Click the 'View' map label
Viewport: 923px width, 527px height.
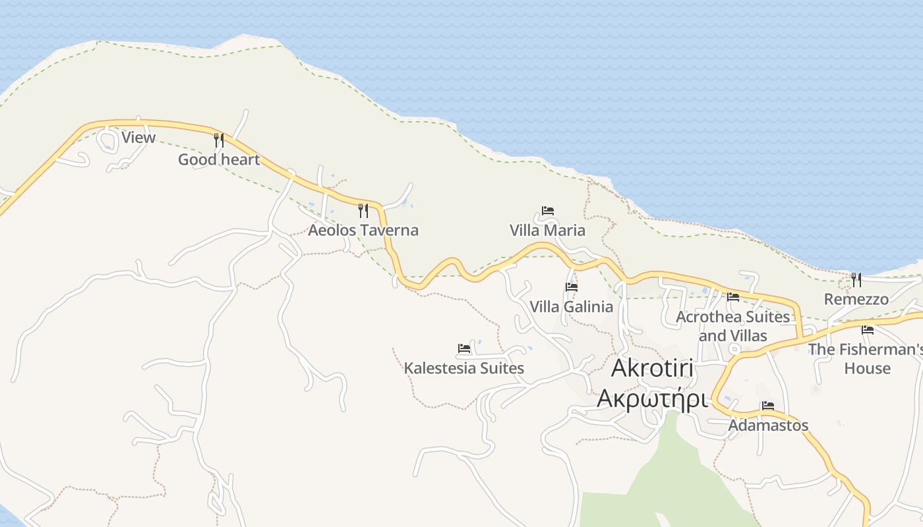pos(138,138)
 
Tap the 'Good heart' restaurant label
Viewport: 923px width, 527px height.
pos(219,159)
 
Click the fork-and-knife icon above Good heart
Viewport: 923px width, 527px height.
pos(219,140)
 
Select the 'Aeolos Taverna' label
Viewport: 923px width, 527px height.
pos(363,230)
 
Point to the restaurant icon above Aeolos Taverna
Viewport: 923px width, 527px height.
pos(363,210)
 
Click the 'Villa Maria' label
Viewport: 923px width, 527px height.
pos(547,231)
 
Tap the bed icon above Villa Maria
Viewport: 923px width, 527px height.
pos(547,211)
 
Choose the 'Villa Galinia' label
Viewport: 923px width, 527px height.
pos(571,306)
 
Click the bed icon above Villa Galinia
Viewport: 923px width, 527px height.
pos(571,287)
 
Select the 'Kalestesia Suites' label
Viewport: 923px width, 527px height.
pos(464,368)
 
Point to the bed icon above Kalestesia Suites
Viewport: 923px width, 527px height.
pos(464,348)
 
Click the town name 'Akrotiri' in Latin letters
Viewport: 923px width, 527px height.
pos(653,368)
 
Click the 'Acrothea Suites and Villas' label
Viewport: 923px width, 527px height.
pos(732,326)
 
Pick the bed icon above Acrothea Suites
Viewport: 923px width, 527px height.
pos(732,297)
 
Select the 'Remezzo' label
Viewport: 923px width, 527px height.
pos(856,299)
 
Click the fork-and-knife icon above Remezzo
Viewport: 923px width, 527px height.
pos(856,280)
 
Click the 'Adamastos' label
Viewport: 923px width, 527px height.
pos(768,426)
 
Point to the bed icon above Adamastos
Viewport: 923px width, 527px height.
pos(768,406)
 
